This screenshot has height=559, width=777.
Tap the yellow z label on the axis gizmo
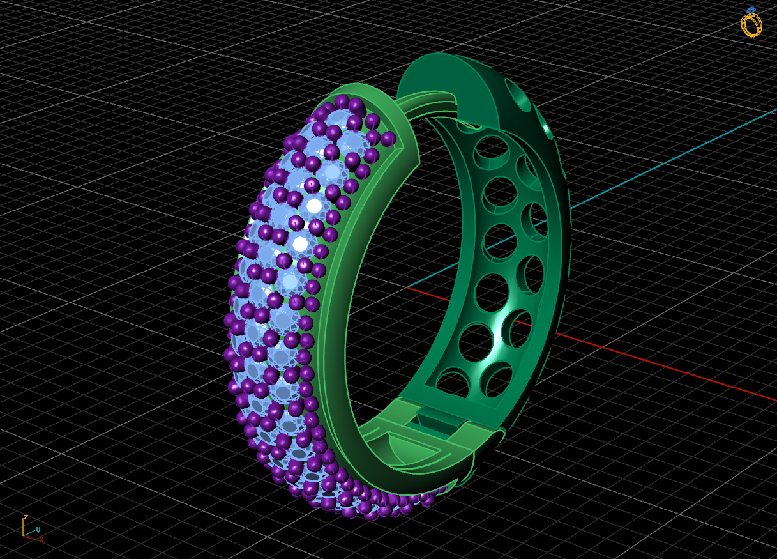click(x=26, y=516)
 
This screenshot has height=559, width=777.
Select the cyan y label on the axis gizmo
click(x=38, y=530)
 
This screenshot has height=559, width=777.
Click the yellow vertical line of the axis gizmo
click(x=23, y=526)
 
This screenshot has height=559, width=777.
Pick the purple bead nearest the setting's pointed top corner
click(x=387, y=138)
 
